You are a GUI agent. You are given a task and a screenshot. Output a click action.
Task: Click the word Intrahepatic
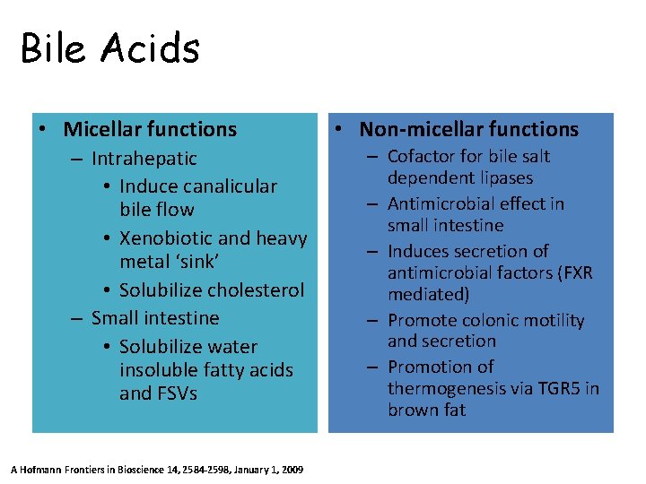coord(144,159)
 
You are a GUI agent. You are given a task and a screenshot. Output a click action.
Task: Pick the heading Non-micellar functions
coord(466,129)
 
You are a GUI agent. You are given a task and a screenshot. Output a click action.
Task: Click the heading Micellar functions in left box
coord(150,129)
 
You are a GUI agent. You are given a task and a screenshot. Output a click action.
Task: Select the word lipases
coord(505,177)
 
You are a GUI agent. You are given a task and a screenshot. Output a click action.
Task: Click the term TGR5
coord(563,388)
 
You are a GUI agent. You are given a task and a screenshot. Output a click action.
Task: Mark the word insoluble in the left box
coord(155,370)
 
